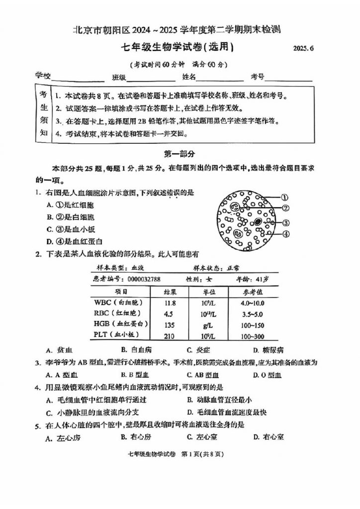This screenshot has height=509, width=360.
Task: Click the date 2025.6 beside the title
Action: point(304,49)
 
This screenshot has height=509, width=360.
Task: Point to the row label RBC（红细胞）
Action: point(120,313)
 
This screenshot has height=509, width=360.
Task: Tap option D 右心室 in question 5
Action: point(269,437)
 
